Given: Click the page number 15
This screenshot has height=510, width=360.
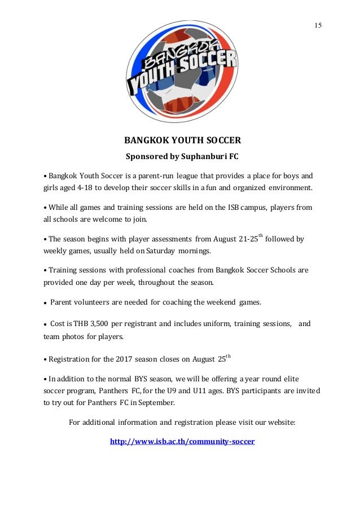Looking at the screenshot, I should [x=318, y=26].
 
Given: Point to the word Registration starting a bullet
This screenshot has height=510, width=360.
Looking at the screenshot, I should [x=71, y=359].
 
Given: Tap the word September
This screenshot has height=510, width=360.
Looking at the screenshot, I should [x=155, y=403].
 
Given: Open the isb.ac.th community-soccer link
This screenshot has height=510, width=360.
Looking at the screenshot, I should [x=182, y=441].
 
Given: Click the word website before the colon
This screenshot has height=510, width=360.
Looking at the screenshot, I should [x=278, y=422].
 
